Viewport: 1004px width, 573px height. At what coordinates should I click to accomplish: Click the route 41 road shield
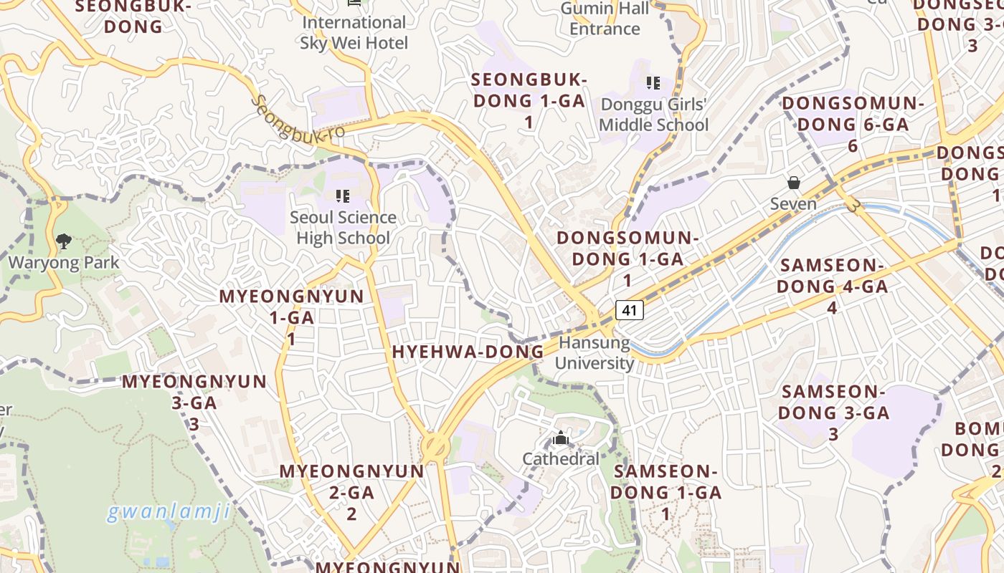629,310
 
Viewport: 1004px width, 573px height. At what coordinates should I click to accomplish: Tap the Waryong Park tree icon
64,241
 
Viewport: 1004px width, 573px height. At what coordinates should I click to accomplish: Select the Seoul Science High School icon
343,196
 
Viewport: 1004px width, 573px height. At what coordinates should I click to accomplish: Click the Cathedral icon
561,438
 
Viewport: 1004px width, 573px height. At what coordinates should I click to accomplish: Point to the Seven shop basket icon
794,183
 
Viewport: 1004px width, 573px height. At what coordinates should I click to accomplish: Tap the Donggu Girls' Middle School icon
653,83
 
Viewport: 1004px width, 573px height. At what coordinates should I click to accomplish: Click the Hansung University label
595,352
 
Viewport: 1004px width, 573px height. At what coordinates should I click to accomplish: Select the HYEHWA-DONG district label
468,352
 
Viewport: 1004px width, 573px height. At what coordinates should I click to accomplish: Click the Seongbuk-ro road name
297,118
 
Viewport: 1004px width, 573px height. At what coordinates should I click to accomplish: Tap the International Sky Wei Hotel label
354,33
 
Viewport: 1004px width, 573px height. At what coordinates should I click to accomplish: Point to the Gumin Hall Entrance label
605,19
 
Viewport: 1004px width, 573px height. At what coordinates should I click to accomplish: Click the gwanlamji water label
169,512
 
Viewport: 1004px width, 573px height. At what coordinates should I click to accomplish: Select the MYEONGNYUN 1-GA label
291,317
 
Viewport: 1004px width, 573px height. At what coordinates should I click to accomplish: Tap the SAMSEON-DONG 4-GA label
833,286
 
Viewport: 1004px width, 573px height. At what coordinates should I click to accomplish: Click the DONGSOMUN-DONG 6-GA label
853,124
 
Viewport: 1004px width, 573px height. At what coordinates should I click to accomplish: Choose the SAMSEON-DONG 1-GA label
666,492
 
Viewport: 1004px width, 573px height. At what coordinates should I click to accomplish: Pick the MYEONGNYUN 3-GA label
194,402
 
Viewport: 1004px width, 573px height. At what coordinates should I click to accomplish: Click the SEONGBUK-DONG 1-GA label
529,100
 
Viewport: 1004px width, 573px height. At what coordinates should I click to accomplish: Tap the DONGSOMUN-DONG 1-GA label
627,259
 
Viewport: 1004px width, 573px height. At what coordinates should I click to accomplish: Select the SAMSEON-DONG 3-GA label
833,413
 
